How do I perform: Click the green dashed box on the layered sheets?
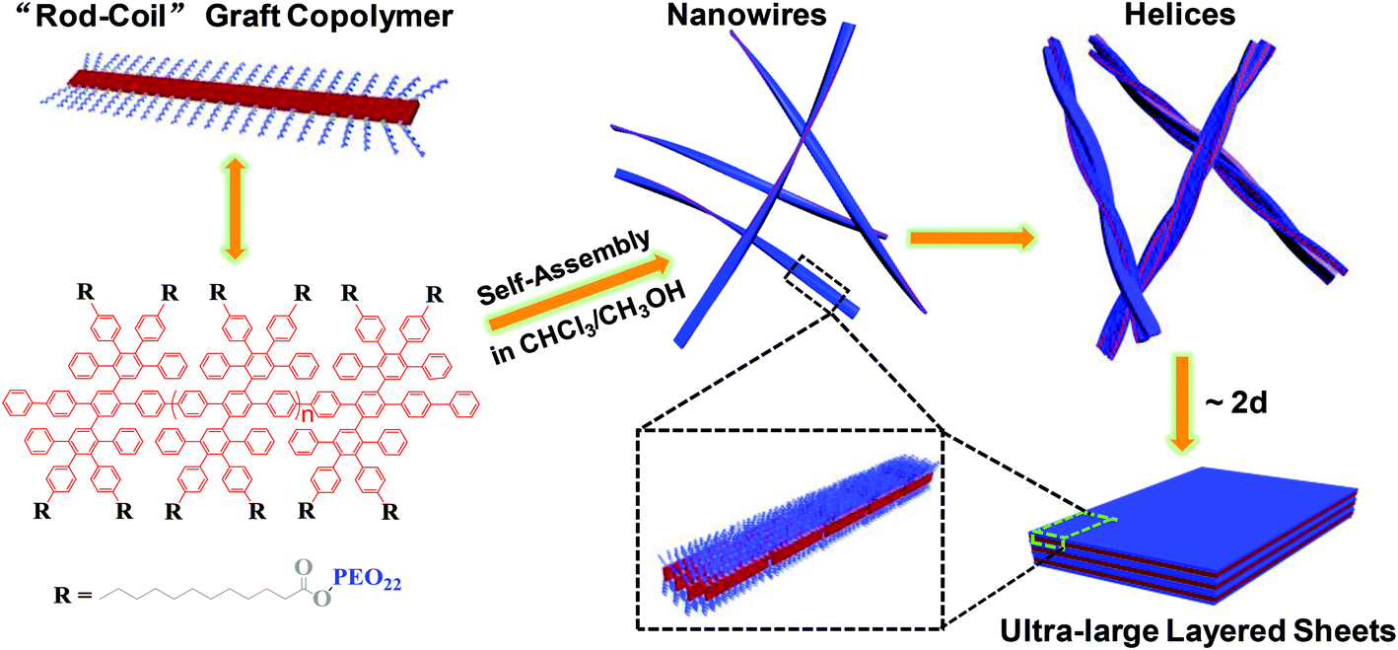1073,531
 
